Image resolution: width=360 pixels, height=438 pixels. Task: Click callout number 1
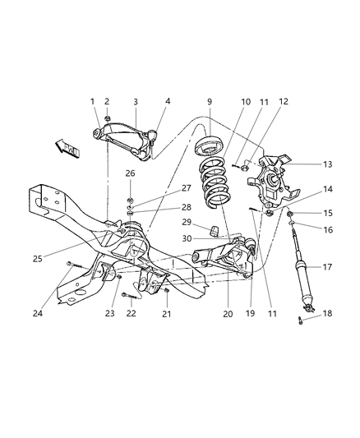coord(93,101)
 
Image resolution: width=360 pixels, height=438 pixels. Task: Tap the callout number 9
coord(210,101)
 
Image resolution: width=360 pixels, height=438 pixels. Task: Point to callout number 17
coord(326,266)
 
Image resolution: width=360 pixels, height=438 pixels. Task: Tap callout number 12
coord(261,102)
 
